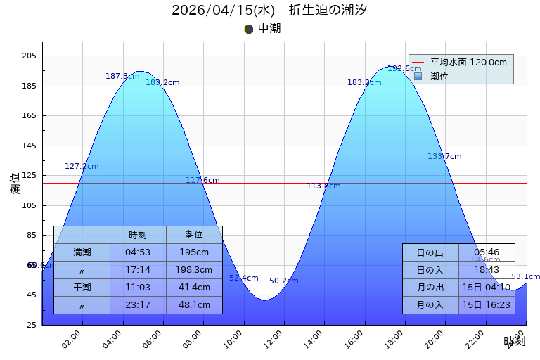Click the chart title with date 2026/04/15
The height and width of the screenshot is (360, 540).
(269, 10)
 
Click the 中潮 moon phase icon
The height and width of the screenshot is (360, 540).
(248, 29)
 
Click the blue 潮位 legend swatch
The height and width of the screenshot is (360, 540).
(418, 76)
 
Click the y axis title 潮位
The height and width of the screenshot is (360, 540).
(15, 184)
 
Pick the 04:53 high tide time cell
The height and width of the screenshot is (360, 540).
(138, 252)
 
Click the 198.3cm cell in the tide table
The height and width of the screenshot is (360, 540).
(194, 270)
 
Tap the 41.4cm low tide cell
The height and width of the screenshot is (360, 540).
(194, 288)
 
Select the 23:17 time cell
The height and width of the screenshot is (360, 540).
(138, 305)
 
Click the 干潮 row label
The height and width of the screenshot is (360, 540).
(82, 288)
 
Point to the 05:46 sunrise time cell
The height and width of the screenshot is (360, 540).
(487, 252)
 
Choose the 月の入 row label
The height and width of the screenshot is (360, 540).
(430, 305)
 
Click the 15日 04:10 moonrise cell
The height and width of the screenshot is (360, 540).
(487, 288)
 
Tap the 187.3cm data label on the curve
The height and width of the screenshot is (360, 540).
(122, 76)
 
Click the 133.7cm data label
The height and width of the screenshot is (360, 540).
(444, 156)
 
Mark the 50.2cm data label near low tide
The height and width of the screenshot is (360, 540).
(283, 281)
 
